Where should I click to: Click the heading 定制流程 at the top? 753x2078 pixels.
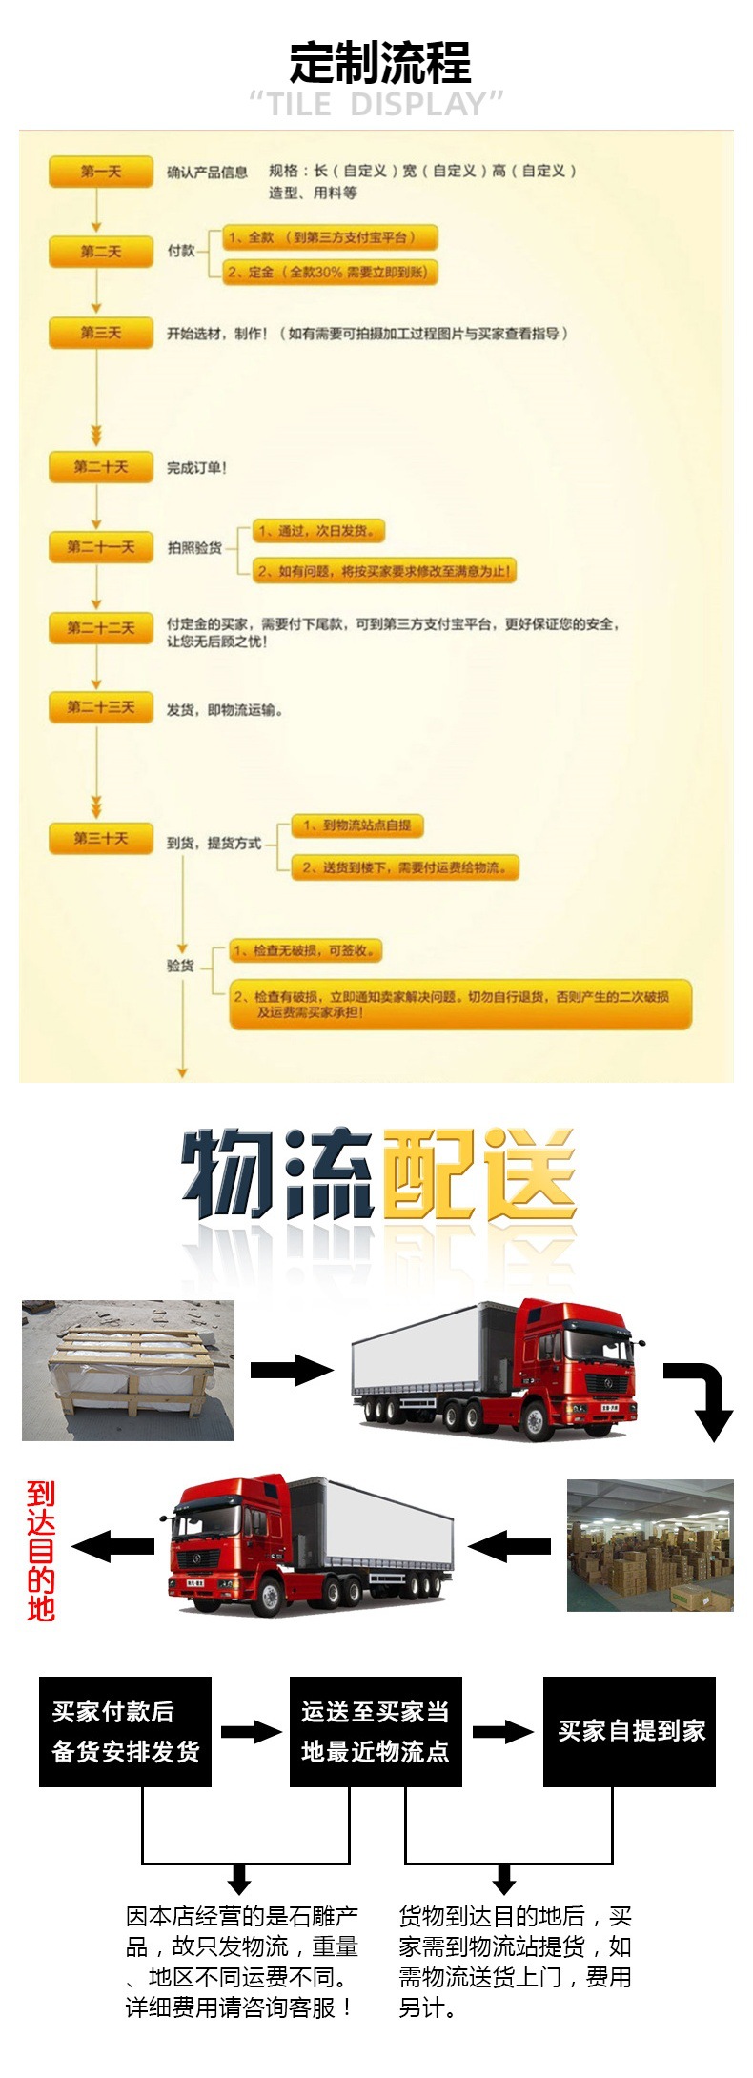(x=379, y=63)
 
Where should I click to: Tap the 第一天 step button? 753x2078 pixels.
(x=100, y=172)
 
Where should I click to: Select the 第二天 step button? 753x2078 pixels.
(x=100, y=252)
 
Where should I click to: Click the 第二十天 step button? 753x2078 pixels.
(x=100, y=467)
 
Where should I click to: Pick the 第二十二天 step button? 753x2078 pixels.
(x=100, y=628)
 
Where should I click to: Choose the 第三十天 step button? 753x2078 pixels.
(x=100, y=839)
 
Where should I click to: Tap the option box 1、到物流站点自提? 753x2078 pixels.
(x=357, y=825)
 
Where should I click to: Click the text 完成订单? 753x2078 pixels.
(x=196, y=468)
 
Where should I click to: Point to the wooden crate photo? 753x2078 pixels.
(x=128, y=1370)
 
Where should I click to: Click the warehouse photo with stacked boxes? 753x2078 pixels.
(x=650, y=1545)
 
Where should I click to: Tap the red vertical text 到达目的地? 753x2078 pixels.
(x=41, y=1551)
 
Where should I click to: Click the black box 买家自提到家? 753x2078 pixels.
(x=629, y=1731)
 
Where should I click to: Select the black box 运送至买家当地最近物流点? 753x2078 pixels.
(x=376, y=1731)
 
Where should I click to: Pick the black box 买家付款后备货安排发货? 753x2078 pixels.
(x=125, y=1731)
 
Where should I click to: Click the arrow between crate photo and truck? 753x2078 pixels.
(x=291, y=1370)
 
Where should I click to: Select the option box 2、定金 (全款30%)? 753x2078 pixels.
(x=330, y=273)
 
